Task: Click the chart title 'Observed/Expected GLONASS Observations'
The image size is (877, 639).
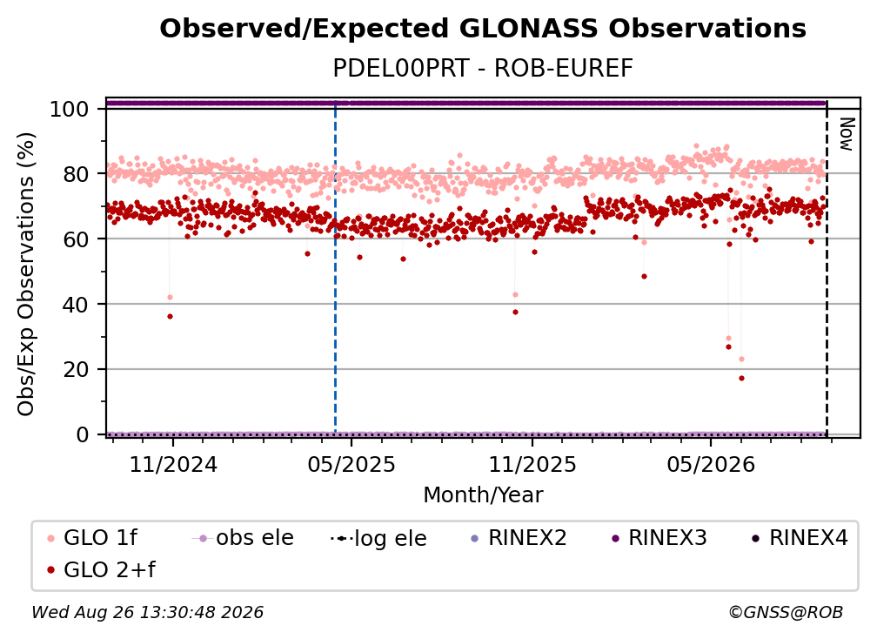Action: click(483, 29)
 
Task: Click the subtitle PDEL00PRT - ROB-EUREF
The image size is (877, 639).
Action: click(483, 68)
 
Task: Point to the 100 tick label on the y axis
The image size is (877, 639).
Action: click(70, 109)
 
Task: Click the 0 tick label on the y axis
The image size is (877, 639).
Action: click(83, 434)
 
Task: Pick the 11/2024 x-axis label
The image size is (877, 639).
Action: click(173, 464)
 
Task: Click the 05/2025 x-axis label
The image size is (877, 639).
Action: click(351, 464)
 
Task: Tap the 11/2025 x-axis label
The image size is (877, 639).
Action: click(532, 464)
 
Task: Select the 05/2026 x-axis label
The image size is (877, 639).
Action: click(710, 464)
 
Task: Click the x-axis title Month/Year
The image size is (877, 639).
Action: click(483, 495)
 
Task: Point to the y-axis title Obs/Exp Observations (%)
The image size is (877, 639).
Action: click(26, 274)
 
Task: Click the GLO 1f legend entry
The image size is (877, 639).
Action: click(92, 538)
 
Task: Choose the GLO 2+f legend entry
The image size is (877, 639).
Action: click(101, 569)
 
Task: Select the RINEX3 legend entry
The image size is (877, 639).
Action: click(659, 538)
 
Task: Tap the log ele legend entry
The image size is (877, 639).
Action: click(378, 538)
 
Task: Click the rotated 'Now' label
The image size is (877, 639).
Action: click(847, 134)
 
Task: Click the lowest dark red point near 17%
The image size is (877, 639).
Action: click(741, 378)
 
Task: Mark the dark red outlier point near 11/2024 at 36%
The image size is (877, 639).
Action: click(170, 317)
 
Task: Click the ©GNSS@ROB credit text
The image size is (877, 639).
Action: click(786, 613)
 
